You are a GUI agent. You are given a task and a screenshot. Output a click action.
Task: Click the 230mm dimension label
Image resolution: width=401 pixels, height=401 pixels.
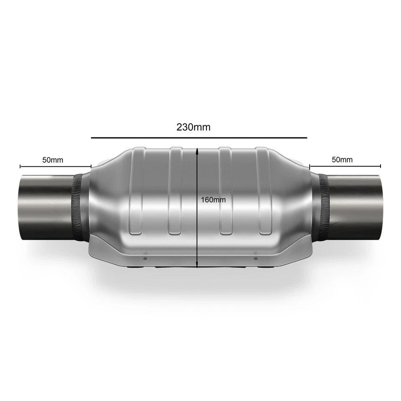point(193,127)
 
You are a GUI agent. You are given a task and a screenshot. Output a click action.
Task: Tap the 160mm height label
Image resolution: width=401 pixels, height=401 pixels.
point(213,200)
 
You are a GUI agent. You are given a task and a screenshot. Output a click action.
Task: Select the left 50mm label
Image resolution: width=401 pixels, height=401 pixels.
point(53,160)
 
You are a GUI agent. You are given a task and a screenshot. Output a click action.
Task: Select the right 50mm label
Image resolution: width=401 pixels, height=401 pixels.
point(342,160)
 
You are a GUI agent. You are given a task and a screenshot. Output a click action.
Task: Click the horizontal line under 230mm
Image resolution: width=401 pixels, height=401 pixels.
point(199,137)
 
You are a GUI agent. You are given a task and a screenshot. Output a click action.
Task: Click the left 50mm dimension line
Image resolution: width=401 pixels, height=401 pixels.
point(55,166)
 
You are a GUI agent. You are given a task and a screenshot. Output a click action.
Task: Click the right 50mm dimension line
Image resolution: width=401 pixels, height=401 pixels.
point(345,166)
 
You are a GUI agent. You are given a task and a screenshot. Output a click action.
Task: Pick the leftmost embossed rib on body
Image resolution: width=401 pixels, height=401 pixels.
point(136,190)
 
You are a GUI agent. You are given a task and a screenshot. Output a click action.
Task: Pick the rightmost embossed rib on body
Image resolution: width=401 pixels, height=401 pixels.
point(264,190)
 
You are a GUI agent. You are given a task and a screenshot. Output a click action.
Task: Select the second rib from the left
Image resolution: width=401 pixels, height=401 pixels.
point(175,190)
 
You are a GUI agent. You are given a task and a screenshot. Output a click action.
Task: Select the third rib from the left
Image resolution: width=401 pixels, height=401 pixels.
point(225,190)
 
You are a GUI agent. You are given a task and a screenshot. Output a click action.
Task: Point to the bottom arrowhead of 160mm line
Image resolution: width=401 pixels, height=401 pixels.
point(197,266)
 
